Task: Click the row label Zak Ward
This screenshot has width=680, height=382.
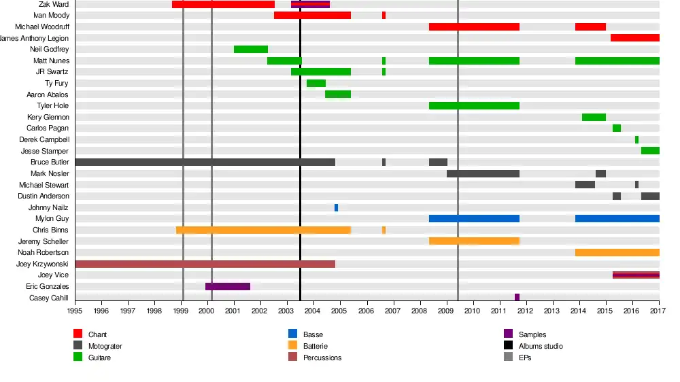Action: click(54, 4)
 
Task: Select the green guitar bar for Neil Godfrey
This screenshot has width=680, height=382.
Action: click(251, 50)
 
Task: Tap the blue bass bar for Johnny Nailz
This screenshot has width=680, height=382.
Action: click(336, 207)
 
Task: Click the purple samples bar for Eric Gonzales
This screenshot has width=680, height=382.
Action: click(228, 287)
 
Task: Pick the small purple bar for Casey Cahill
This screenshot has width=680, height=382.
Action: click(517, 298)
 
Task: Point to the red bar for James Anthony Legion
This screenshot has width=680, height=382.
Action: click(635, 38)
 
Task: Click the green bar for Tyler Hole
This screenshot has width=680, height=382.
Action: click(474, 106)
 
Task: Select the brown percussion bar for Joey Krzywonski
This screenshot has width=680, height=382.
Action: click(205, 264)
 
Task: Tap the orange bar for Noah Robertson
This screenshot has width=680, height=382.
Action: click(617, 253)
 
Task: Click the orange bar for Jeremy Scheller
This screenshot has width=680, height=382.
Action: click(474, 241)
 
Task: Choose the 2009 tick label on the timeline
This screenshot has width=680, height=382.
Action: click(446, 311)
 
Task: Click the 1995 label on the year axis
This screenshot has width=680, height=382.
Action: click(75, 311)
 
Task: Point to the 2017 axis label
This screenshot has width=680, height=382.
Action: click(658, 311)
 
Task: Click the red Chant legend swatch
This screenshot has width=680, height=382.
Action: click(78, 334)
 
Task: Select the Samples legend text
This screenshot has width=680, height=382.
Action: click(532, 334)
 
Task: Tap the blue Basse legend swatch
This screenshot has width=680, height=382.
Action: click(292, 334)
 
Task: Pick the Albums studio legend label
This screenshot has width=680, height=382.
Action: click(541, 346)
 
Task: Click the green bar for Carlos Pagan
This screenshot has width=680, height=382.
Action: click(617, 128)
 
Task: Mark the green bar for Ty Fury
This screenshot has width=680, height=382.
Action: click(316, 84)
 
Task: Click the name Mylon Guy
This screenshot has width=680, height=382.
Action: click(52, 219)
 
